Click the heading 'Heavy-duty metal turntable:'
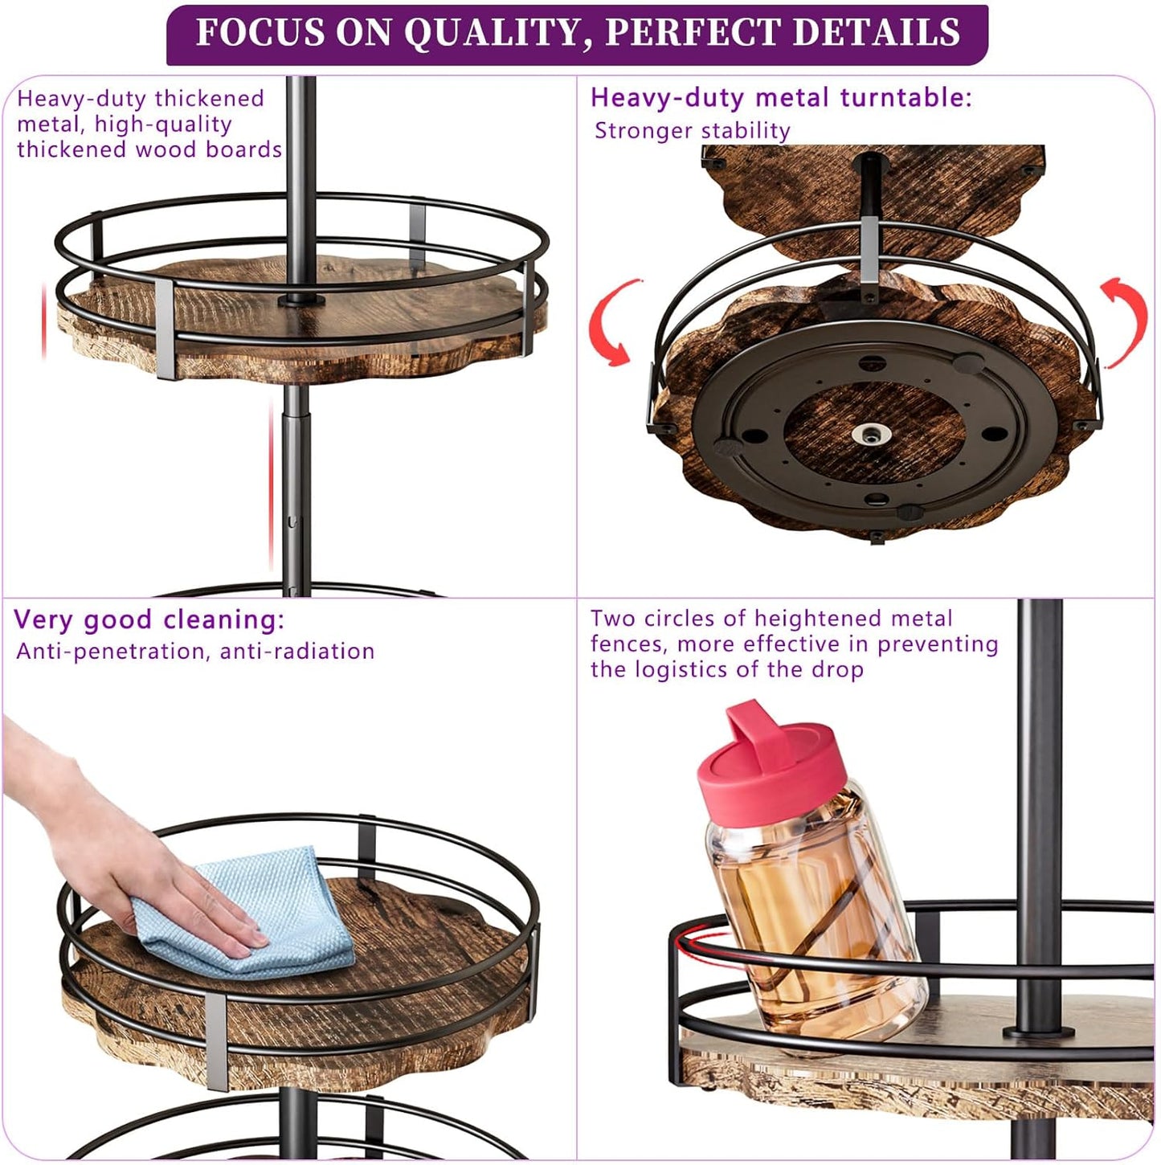click(780, 98)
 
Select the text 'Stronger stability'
click(692, 131)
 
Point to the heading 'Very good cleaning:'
click(149, 620)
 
